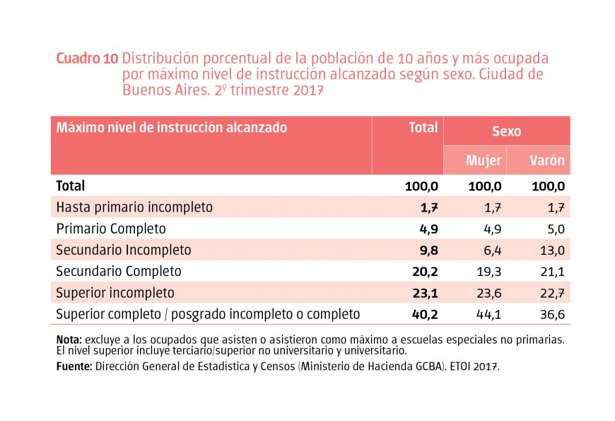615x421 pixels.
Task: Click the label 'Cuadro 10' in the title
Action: point(87,59)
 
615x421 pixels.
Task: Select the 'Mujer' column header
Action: point(484,161)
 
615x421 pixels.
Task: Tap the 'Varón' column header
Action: point(547,161)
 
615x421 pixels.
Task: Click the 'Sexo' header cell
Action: point(506,132)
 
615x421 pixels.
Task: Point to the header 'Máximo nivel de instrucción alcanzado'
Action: point(172,128)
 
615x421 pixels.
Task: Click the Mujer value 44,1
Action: point(488,314)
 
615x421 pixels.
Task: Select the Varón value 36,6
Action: point(551,314)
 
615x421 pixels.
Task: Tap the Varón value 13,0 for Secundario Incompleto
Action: point(551,250)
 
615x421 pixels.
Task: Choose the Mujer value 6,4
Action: point(491,250)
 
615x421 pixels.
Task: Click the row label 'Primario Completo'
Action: point(111,229)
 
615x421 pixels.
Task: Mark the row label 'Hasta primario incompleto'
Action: point(134,207)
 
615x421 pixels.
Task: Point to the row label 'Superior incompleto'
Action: point(115,293)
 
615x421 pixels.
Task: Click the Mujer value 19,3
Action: point(488,271)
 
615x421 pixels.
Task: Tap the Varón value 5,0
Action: point(554,229)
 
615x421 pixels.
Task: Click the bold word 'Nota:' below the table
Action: point(69,340)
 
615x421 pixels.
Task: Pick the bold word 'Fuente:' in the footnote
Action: point(74,367)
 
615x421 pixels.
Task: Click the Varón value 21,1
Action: point(551,271)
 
